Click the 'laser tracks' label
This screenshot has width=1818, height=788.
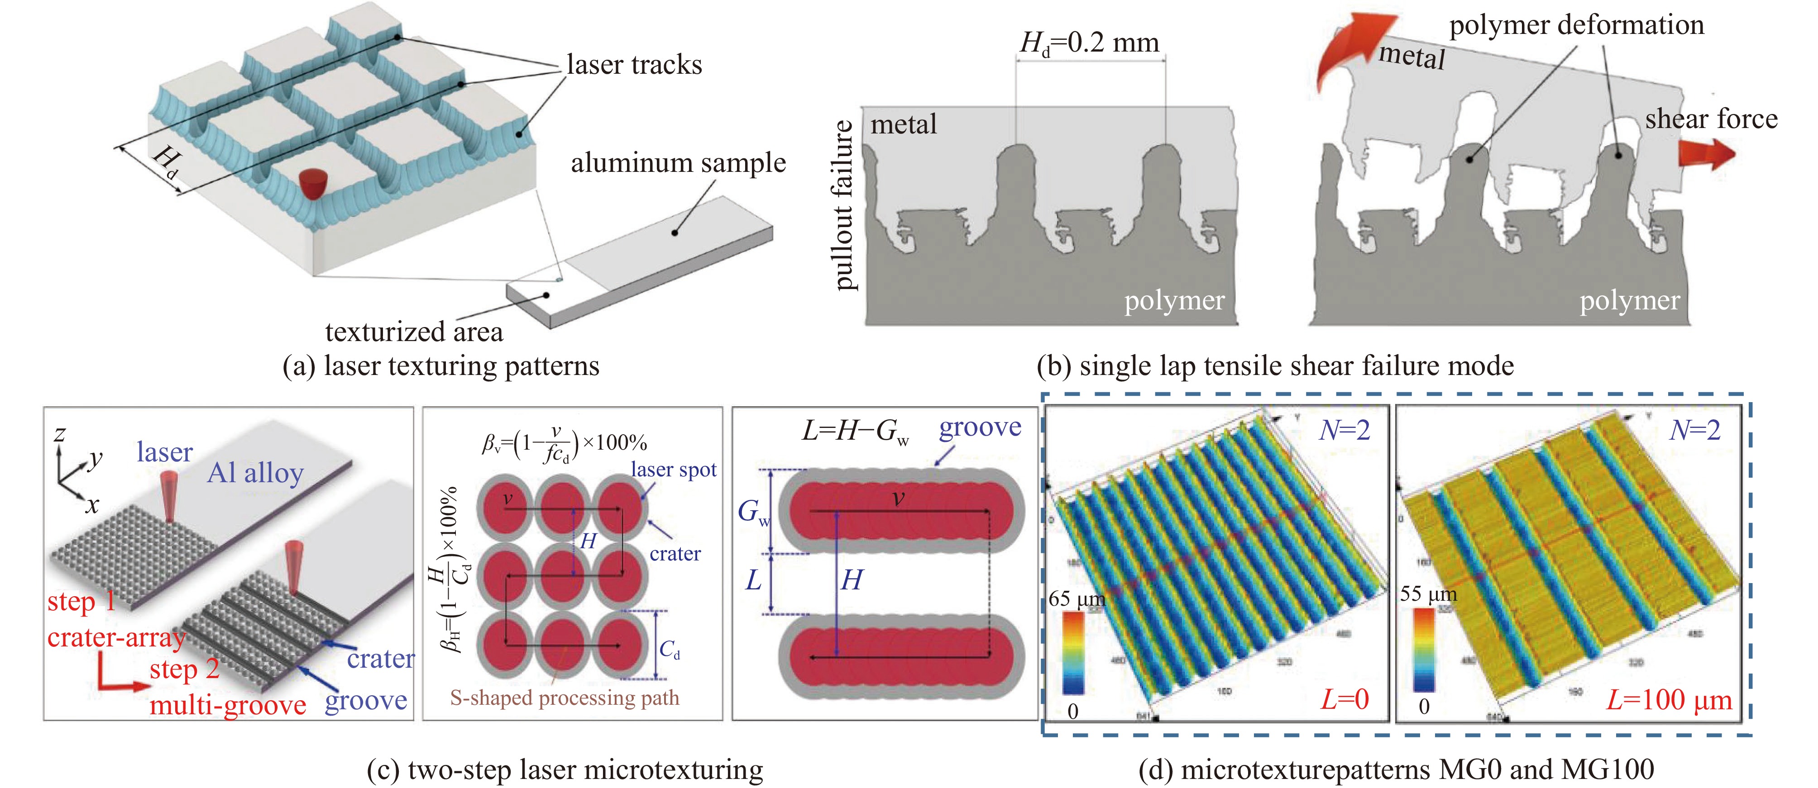[634, 65]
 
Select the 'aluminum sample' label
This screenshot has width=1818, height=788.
[678, 163]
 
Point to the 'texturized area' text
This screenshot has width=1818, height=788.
[414, 332]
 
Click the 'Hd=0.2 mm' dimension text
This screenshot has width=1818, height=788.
[1089, 44]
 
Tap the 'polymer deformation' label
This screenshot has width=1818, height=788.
[1576, 25]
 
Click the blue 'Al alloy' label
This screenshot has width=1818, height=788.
[255, 473]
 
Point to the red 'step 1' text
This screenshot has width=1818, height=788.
[81, 602]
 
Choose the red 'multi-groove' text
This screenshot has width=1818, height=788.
[227, 705]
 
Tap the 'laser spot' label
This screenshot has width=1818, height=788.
[673, 470]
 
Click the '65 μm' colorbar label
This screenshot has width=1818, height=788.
[1076, 599]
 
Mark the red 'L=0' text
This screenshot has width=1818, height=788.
[1344, 700]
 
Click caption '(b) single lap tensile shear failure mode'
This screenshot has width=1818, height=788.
[1275, 366]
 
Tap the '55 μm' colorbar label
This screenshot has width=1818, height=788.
[1428, 594]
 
